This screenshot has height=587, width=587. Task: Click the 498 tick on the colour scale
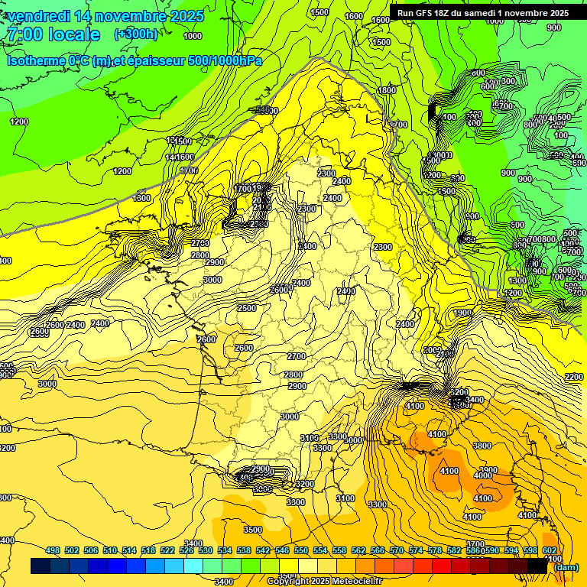(x=53, y=550)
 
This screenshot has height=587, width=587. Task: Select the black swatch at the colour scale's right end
(x=537, y=566)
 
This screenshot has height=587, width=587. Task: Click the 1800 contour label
(x=387, y=90)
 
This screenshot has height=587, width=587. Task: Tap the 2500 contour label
(x=247, y=308)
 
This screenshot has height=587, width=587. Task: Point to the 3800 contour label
(x=482, y=446)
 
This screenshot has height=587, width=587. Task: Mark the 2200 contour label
(x=573, y=377)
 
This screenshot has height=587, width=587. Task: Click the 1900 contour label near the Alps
(x=462, y=313)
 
